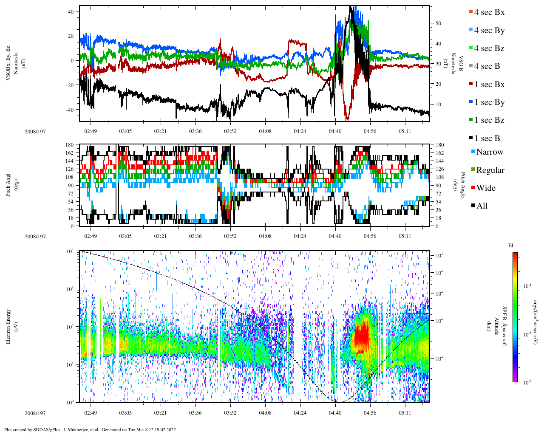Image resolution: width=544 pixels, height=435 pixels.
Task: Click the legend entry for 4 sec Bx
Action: pyautogui.click(x=489, y=12)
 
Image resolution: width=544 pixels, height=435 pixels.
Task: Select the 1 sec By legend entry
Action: pyautogui.click(x=489, y=102)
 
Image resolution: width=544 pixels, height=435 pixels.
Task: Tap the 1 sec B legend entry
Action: pyautogui.click(x=487, y=138)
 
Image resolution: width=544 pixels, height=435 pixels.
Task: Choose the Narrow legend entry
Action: pyautogui.click(x=489, y=152)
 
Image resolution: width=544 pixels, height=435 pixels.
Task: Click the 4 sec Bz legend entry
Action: pyautogui.click(x=489, y=48)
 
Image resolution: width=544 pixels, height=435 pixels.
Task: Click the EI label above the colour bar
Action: pyautogui.click(x=511, y=246)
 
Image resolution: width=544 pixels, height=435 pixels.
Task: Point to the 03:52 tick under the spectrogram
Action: pyautogui.click(x=230, y=413)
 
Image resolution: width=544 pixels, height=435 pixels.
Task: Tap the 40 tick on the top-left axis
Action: pyautogui.click(x=71, y=11)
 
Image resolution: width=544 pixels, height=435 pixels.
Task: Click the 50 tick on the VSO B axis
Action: pyautogui.click(x=438, y=23)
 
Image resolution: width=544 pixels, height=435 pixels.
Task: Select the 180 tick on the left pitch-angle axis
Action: pyautogui.click(x=70, y=145)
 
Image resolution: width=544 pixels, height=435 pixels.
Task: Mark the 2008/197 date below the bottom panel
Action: pyautogui.click(x=35, y=413)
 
